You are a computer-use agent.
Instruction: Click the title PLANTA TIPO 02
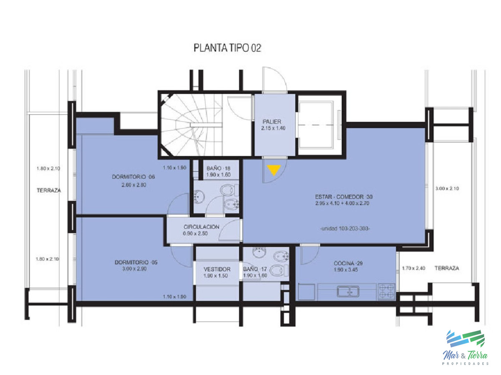[227, 48]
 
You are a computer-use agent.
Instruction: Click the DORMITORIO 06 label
[133, 177]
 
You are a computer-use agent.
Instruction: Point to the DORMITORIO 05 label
[136, 262]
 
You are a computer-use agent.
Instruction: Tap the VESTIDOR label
[217, 269]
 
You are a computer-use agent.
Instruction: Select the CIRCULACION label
[201, 227]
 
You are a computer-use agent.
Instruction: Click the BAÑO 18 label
[218, 168]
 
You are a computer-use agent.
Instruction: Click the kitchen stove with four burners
[387, 291]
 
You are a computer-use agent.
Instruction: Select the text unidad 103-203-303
[344, 229]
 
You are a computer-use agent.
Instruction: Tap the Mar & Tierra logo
[466, 346]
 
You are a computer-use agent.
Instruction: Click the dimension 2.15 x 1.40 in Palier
[273, 128]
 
